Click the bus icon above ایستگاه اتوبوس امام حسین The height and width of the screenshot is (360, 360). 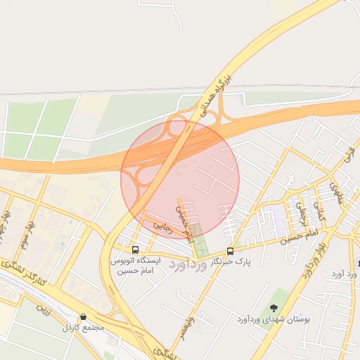coord(135,250)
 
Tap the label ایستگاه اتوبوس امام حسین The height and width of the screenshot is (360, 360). coord(135,265)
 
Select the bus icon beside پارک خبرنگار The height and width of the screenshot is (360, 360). coord(230,251)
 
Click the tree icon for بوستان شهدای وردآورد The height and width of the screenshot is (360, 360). coord(273,308)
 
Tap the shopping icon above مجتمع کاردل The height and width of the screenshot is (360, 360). coord(84,317)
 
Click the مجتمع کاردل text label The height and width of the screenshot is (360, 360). coord(83,328)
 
